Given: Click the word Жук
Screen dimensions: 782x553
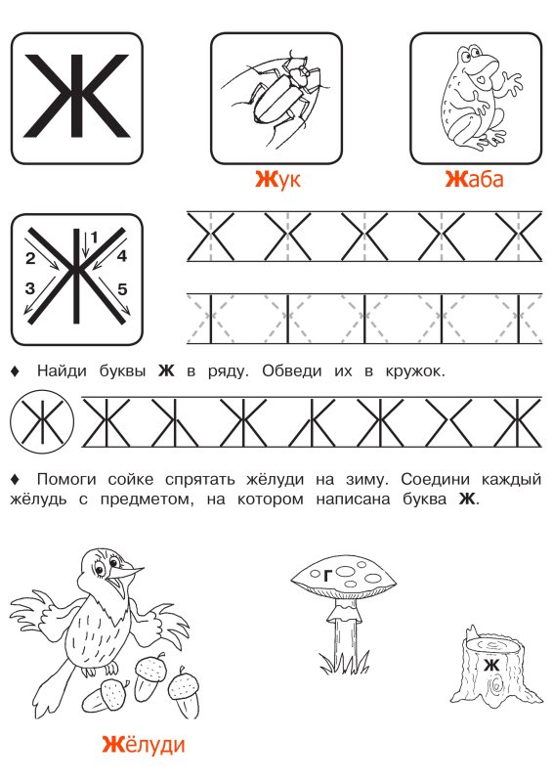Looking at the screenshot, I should coord(276,180).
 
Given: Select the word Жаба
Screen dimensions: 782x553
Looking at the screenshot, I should coord(474,180).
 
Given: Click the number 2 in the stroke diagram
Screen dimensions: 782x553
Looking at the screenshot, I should coord(30,259).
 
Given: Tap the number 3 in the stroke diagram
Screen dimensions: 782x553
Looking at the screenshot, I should coord(30,288).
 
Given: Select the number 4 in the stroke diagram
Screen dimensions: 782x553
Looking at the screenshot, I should coord(122,257).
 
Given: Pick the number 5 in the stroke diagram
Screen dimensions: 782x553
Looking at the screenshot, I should coord(122,288).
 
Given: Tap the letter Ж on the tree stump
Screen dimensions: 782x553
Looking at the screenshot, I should coord(491,665).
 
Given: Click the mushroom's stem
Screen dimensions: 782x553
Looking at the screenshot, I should coord(343,637).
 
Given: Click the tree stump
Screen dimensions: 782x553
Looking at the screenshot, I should coord(495,669).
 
